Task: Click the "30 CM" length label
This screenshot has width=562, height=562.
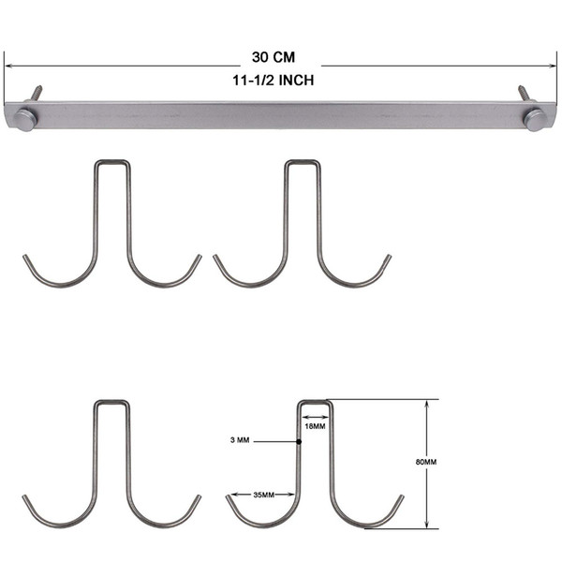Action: (x=274, y=57)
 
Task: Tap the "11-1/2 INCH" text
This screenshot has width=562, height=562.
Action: (x=274, y=81)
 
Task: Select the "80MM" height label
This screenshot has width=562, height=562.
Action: (x=426, y=462)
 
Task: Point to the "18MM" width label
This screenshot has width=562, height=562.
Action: (x=315, y=426)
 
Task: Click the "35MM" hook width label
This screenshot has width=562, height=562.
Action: (x=264, y=495)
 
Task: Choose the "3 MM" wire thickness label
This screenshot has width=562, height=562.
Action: (x=240, y=440)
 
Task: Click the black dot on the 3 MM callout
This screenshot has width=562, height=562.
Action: (x=299, y=441)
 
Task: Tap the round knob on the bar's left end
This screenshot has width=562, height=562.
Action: (x=24, y=120)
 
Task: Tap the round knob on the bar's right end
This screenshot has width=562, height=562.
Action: (x=535, y=120)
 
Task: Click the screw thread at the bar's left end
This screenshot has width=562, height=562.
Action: (x=36, y=93)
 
